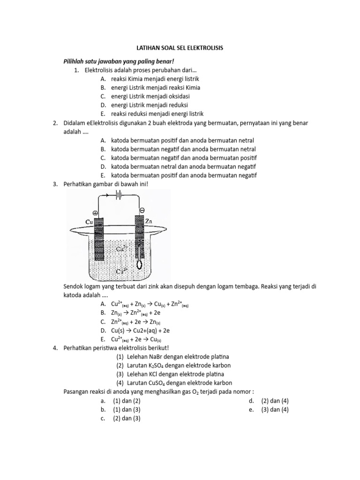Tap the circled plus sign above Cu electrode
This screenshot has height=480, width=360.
coord(96,212)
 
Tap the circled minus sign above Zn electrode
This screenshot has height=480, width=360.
coord(142,210)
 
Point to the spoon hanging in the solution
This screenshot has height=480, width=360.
coord(139,263)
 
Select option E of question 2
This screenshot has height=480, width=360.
coord(178,175)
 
